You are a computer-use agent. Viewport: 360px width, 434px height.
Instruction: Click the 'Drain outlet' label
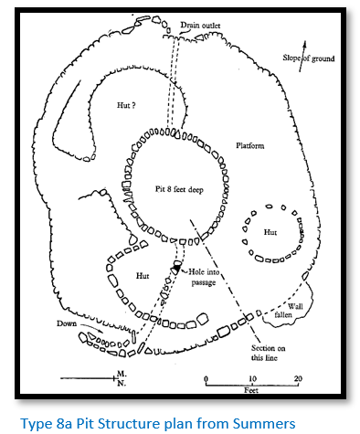tap(200, 26)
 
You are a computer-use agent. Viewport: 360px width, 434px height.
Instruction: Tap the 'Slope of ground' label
tap(308, 58)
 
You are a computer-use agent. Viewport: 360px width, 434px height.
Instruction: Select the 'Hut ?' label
tap(126, 105)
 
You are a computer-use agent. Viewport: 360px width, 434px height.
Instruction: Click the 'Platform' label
tap(250, 145)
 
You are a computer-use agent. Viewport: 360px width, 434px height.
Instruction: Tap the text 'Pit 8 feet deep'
tap(179, 189)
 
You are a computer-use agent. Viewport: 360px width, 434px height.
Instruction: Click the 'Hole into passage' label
tap(204, 277)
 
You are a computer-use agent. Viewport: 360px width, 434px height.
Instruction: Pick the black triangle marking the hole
tap(176, 269)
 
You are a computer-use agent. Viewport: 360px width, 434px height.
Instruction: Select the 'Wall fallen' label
tap(289, 311)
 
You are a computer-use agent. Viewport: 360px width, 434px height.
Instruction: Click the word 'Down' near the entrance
tap(67, 323)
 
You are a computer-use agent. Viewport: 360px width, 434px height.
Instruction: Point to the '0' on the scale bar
tap(206, 379)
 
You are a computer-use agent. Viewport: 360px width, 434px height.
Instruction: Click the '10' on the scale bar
tap(253, 378)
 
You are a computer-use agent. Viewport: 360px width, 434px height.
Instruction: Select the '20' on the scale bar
tap(298, 378)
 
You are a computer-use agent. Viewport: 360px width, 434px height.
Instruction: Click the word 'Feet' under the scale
tap(251, 390)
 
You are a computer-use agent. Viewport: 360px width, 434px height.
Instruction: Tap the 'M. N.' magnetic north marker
tap(122, 378)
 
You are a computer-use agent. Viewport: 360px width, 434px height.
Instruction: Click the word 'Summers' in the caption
tap(264, 424)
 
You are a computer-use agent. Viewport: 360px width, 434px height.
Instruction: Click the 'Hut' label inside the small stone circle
tap(270, 232)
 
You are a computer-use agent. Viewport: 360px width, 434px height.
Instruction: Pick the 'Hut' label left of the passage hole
tap(143, 276)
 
